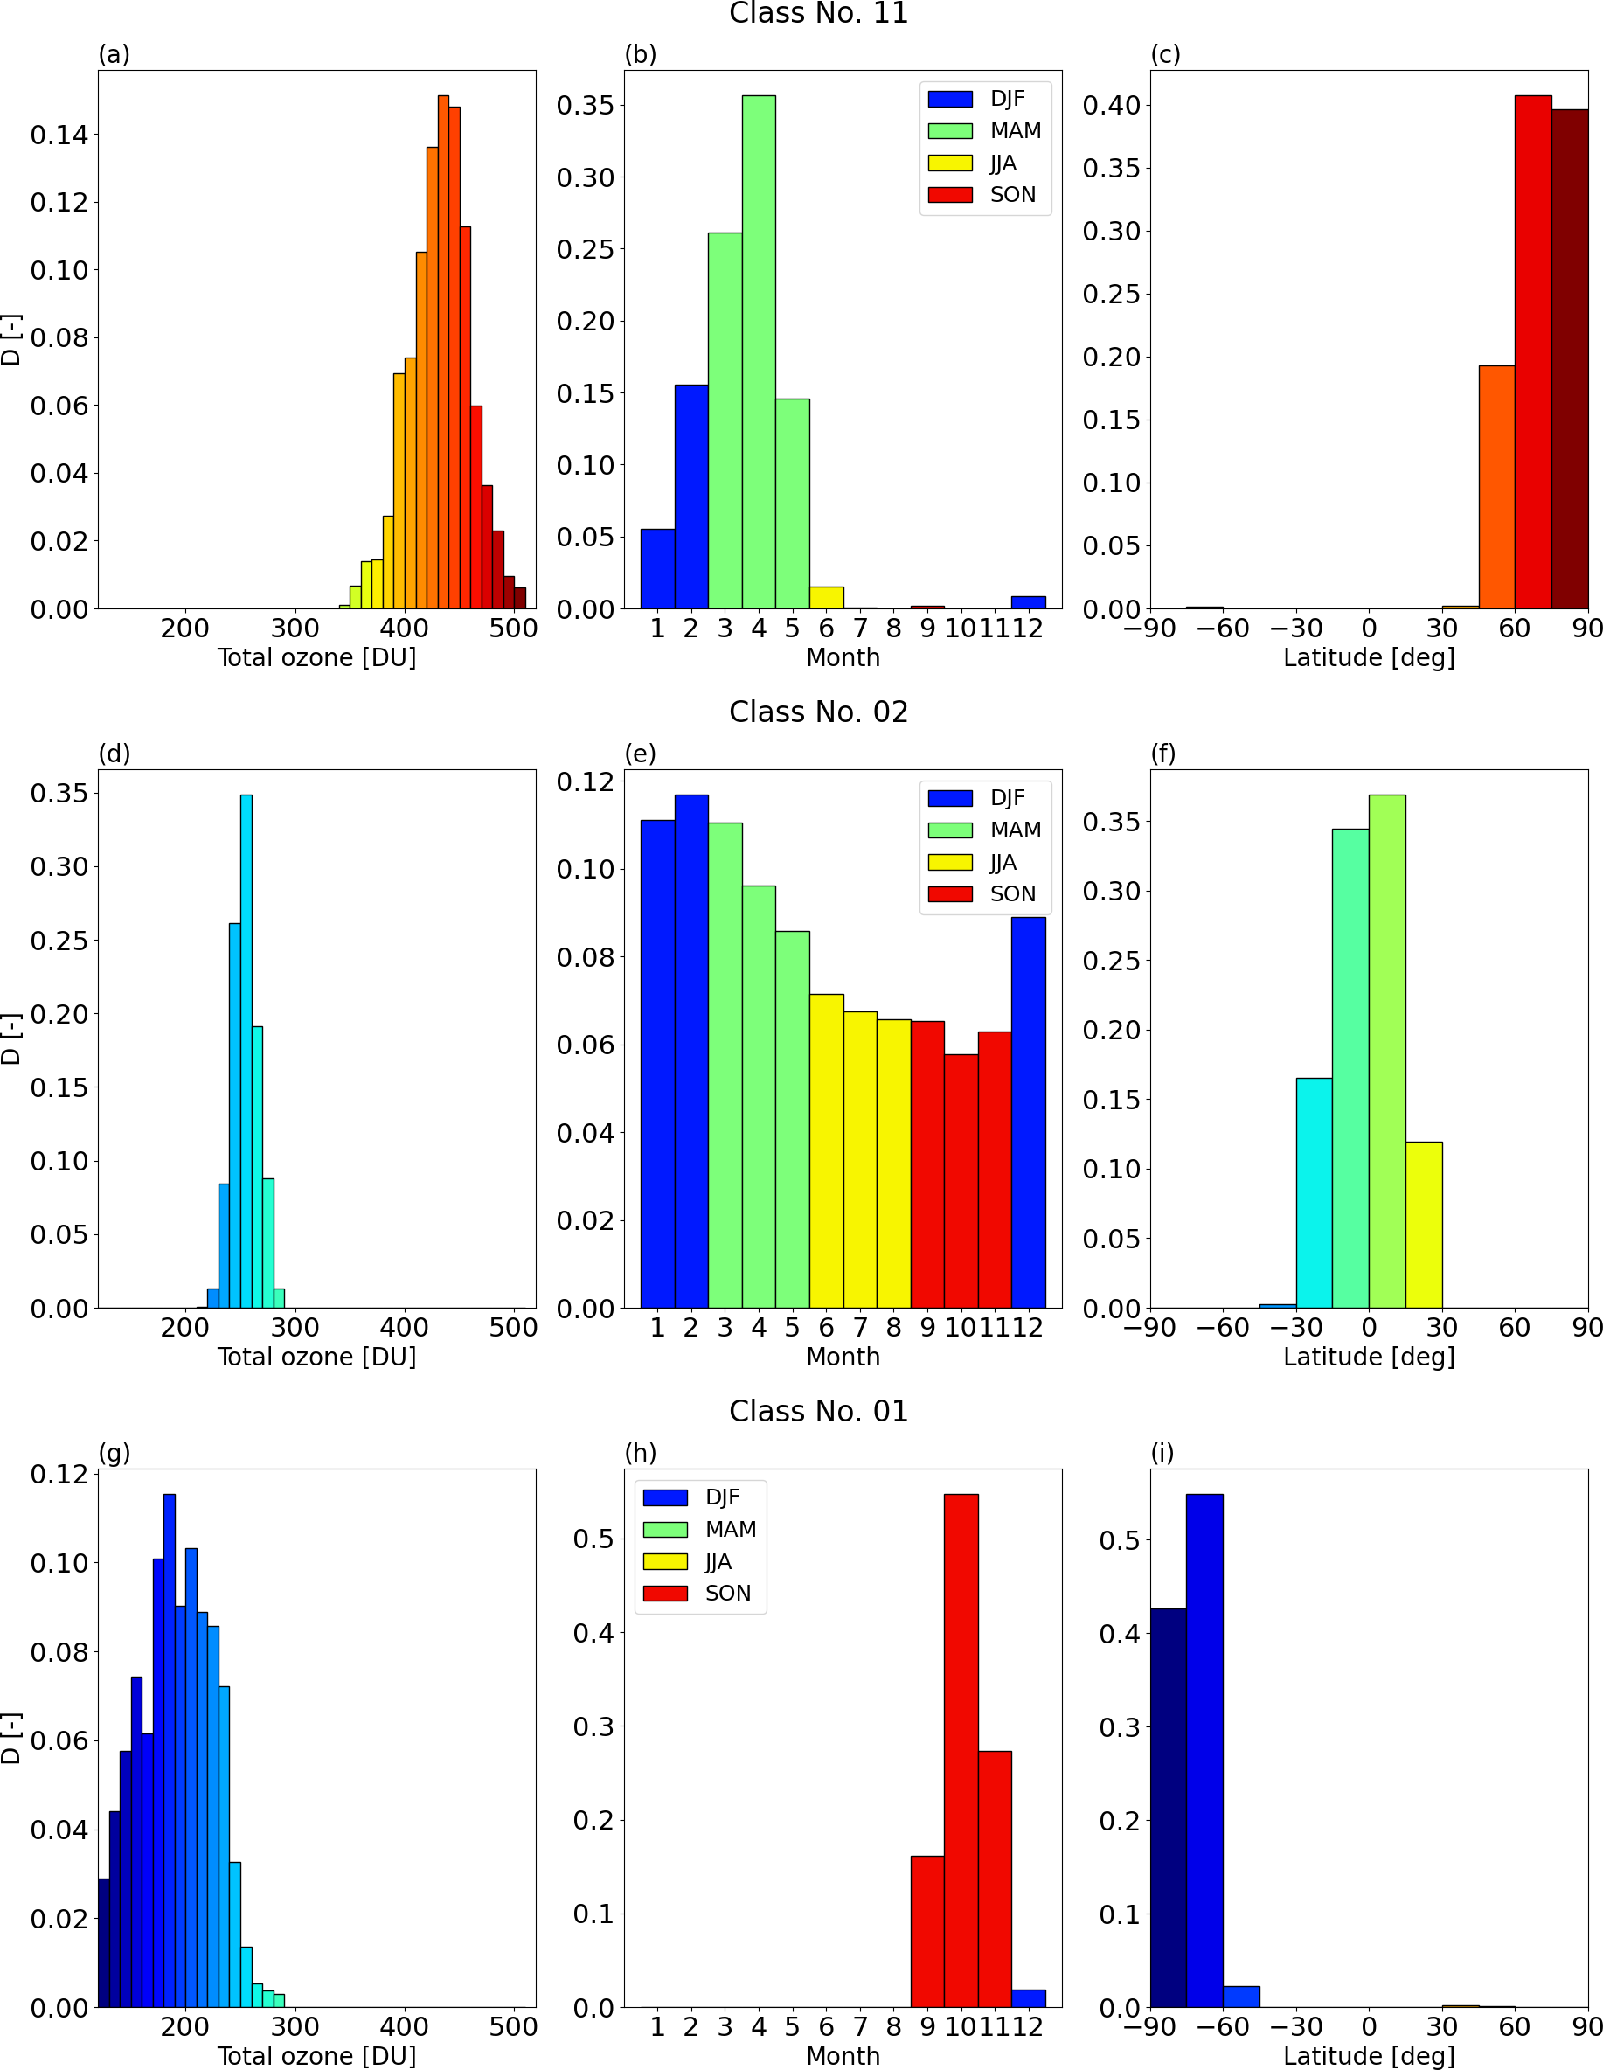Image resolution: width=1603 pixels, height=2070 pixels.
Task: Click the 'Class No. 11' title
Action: click(x=818, y=13)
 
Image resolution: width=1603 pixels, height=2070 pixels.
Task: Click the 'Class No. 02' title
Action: click(x=818, y=712)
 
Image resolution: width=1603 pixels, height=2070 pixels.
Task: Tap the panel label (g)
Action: click(x=114, y=1453)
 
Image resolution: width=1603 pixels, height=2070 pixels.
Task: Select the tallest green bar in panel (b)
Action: click(x=759, y=351)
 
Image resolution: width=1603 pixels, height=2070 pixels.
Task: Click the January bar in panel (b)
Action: click(x=658, y=569)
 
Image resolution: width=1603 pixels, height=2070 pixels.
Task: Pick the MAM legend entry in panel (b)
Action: click(x=986, y=131)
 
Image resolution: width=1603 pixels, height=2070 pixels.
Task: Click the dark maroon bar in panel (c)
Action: click(x=1570, y=360)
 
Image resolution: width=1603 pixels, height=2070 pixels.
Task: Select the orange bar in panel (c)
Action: click(x=1497, y=488)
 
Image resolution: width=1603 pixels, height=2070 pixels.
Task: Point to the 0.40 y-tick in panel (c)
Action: click(x=1111, y=105)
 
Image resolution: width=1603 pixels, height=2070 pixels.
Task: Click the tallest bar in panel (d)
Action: click(x=246, y=1052)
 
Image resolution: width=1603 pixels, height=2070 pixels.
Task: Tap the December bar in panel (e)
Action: click(x=1029, y=1114)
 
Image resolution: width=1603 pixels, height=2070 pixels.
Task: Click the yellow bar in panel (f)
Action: click(x=1424, y=1226)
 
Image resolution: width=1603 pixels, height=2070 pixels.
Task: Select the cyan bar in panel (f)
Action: click(x=1314, y=1194)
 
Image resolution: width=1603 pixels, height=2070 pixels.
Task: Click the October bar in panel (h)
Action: click(x=961, y=1754)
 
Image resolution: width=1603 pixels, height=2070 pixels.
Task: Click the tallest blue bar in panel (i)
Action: click(x=1204, y=1754)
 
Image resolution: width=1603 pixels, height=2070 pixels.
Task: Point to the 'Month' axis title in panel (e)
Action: click(x=843, y=1358)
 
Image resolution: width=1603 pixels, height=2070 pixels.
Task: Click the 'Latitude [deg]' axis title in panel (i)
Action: click(x=1369, y=2056)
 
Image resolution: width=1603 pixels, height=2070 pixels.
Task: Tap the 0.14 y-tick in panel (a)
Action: click(x=59, y=135)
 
